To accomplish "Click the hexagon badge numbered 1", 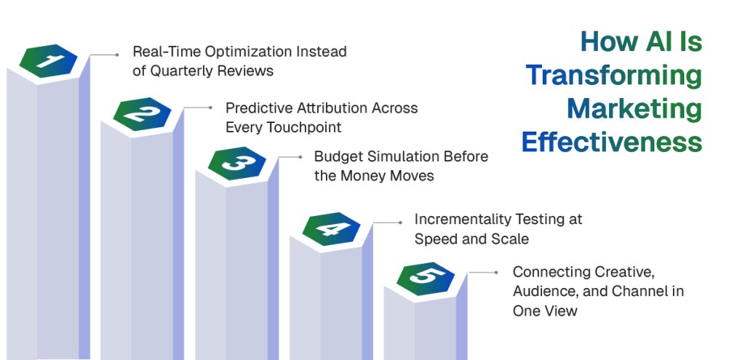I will [47, 61].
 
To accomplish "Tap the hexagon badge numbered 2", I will [142, 113].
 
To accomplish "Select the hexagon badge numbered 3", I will [236, 164].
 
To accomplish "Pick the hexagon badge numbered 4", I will [331, 228].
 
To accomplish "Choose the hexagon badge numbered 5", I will [426, 278].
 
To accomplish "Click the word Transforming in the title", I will [613, 75].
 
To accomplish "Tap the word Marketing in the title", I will [634, 108].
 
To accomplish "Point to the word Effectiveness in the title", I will [611, 142].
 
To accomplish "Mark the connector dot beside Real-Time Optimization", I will [117, 54].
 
